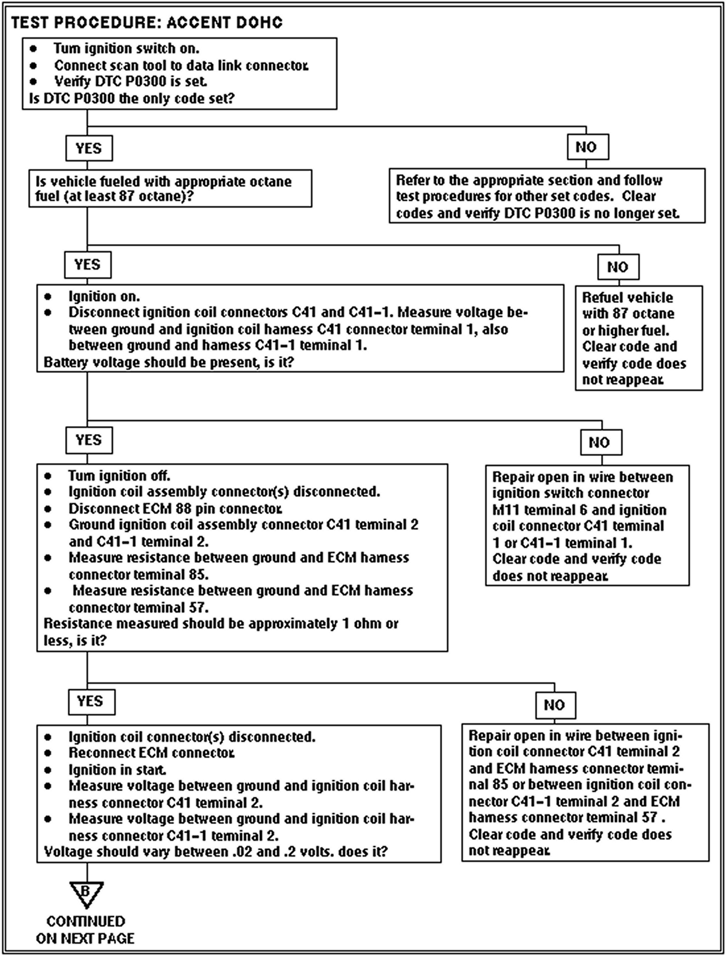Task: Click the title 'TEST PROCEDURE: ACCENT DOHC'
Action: tap(147, 22)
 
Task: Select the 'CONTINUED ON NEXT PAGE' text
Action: tap(86, 929)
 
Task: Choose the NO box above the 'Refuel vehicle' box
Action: tap(618, 267)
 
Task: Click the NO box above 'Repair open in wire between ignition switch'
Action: tap(601, 442)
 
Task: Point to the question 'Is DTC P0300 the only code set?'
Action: tap(131, 98)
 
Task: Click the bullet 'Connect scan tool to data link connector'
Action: tap(180, 65)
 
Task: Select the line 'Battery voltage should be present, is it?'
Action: tap(169, 362)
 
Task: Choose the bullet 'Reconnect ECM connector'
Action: tap(151, 753)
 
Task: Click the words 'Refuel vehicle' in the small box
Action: tap(627, 297)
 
